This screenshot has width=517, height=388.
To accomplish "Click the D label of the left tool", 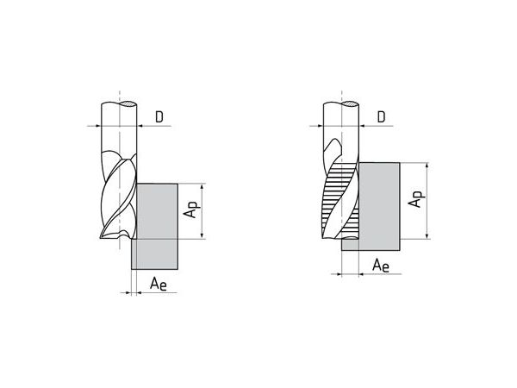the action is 159,117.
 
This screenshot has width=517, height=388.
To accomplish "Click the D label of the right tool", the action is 381,117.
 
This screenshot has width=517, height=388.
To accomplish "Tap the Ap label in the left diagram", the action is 192,210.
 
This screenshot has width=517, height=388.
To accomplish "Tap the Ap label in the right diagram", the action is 416,198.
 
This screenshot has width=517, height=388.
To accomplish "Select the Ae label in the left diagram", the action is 159,284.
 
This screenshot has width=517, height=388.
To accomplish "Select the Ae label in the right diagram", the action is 381,266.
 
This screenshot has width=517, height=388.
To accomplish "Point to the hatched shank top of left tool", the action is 128,104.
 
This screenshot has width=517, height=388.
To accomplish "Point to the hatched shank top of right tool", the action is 350,104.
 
